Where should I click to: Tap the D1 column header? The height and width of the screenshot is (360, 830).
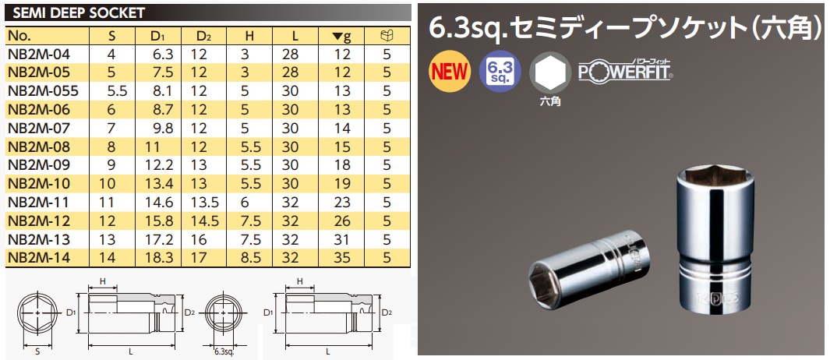coord(157,36)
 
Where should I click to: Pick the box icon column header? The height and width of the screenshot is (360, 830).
coord(387,36)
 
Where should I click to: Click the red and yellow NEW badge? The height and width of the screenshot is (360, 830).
coord(450,72)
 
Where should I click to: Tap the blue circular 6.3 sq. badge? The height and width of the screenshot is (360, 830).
coord(498,72)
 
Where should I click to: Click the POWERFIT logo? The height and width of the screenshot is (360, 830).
coord(625,72)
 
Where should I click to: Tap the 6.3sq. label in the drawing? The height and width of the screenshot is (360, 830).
coord(224,352)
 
